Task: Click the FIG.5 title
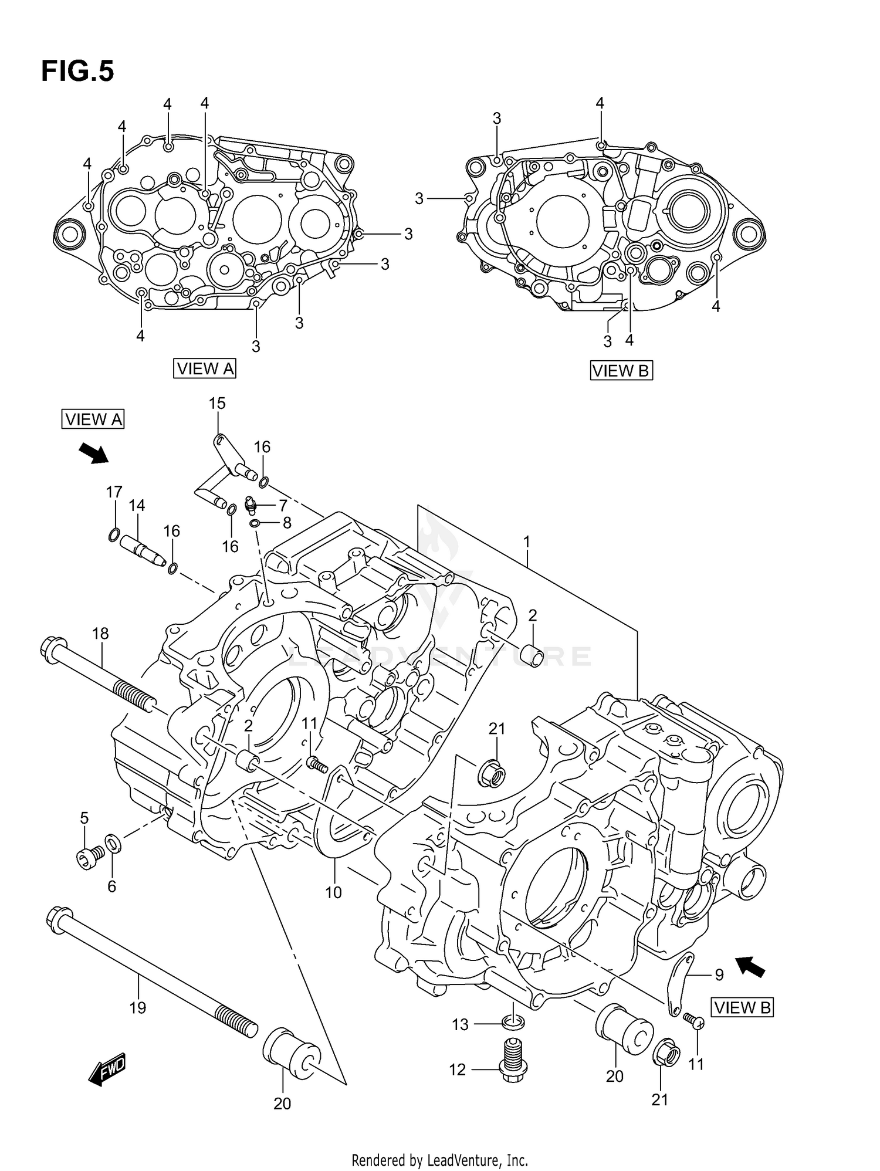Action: click(x=77, y=72)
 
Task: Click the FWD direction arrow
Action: click(x=107, y=1069)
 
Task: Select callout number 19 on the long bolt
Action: click(x=137, y=1008)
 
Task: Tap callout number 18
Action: click(x=100, y=633)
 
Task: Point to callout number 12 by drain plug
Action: click(x=457, y=1070)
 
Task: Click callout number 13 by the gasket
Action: click(x=460, y=1024)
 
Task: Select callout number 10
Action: click(x=333, y=892)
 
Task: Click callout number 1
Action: click(x=527, y=541)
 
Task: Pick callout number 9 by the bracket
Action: click(x=719, y=974)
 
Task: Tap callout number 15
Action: click(x=217, y=403)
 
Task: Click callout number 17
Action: click(x=114, y=492)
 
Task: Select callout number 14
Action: click(x=137, y=505)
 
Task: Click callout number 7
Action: click(x=283, y=505)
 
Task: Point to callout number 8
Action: click(x=287, y=523)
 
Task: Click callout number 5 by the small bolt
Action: click(x=84, y=818)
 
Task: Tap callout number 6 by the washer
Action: click(x=111, y=886)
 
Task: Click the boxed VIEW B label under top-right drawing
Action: click(x=621, y=371)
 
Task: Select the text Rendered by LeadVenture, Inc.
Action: click(x=439, y=1160)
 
